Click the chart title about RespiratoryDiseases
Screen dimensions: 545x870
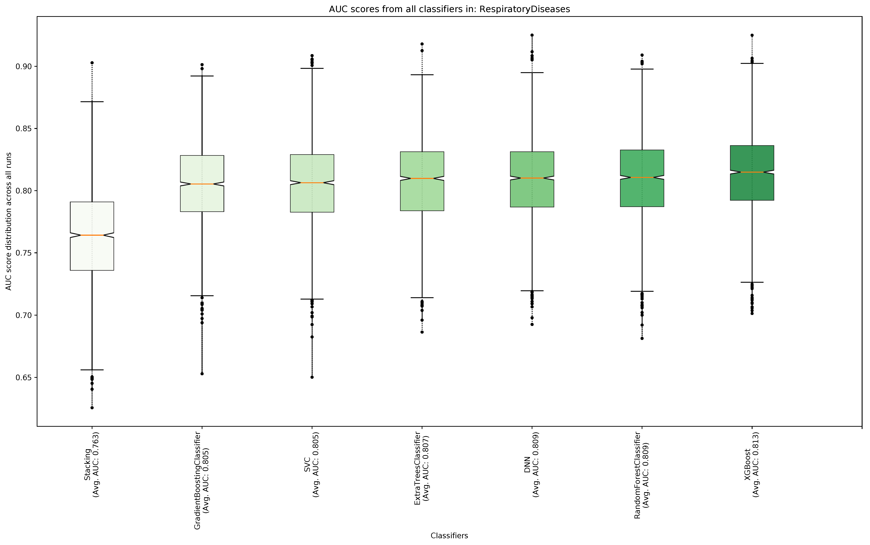(449, 9)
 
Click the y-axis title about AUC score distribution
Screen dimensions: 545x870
(9, 221)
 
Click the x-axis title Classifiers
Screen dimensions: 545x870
(449, 536)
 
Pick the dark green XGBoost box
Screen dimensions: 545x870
(752, 187)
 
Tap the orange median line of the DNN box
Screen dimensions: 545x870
(532, 178)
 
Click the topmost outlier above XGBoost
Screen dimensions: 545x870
(752, 35)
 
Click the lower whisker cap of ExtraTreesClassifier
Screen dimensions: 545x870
(422, 298)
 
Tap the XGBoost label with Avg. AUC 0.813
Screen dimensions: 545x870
(752, 465)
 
